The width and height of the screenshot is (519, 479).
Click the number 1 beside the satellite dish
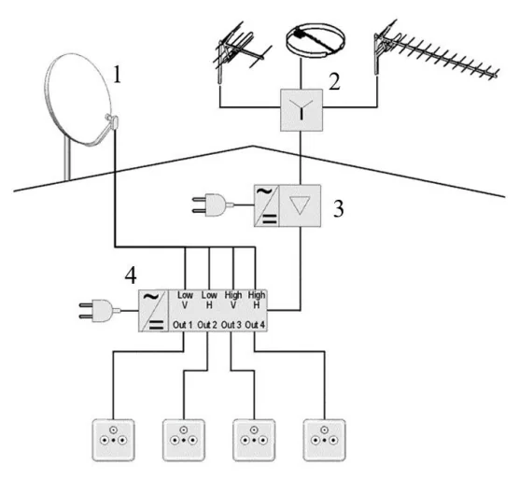coord(117,75)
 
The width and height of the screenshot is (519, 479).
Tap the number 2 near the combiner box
coord(334,81)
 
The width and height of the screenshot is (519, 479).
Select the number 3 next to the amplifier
coord(338,208)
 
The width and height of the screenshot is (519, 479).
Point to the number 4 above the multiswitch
coord(131,275)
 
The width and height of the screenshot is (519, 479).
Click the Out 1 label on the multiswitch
coord(182,325)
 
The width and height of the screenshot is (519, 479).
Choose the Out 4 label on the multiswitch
coord(255,325)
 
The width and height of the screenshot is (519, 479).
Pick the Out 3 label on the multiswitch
coord(231,325)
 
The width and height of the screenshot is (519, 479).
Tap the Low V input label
coord(185,300)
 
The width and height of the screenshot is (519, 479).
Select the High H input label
coord(257,300)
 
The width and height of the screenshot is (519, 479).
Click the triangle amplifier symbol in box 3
coord(300,204)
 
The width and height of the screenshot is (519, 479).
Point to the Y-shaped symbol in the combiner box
coord(302,109)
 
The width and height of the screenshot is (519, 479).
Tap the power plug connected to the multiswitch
coord(100,311)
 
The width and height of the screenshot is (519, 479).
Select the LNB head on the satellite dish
coord(111,120)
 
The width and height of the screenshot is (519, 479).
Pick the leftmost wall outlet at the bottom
coord(114,440)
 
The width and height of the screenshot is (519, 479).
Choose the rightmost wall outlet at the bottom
coord(325,440)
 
